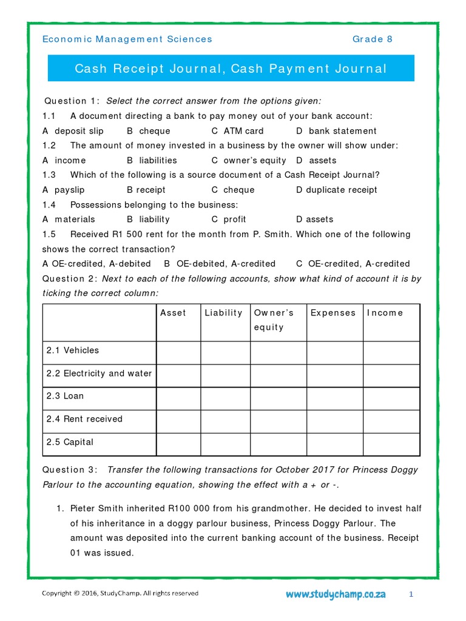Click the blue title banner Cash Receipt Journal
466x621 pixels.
point(231,69)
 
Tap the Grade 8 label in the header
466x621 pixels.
point(373,39)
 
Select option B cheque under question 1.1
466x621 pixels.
point(149,131)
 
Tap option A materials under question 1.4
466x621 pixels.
point(69,220)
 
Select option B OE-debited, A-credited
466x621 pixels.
point(220,264)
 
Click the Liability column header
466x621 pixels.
point(223,313)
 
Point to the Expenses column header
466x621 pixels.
point(333,313)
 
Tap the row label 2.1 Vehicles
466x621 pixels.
point(72,351)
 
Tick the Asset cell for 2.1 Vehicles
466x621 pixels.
point(178,352)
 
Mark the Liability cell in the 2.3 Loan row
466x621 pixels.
point(225,398)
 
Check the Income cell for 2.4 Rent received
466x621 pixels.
point(391,421)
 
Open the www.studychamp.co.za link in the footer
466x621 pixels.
point(336,594)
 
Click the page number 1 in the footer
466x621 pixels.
point(411,594)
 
